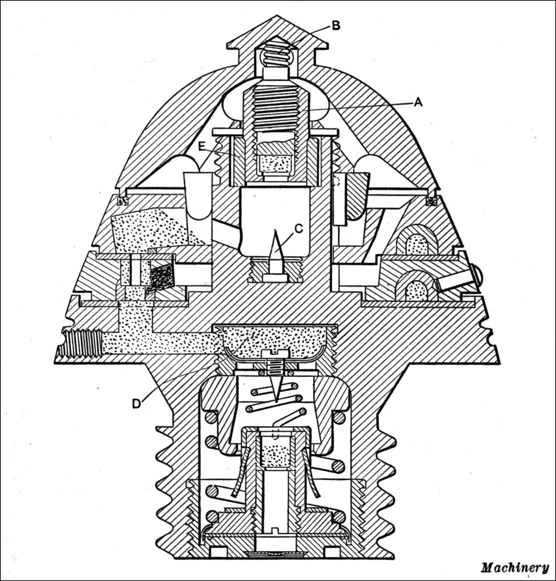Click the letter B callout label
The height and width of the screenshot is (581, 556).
point(336,25)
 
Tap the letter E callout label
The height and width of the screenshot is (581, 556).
point(203,146)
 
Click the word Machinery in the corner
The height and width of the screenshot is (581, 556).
point(514,568)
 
